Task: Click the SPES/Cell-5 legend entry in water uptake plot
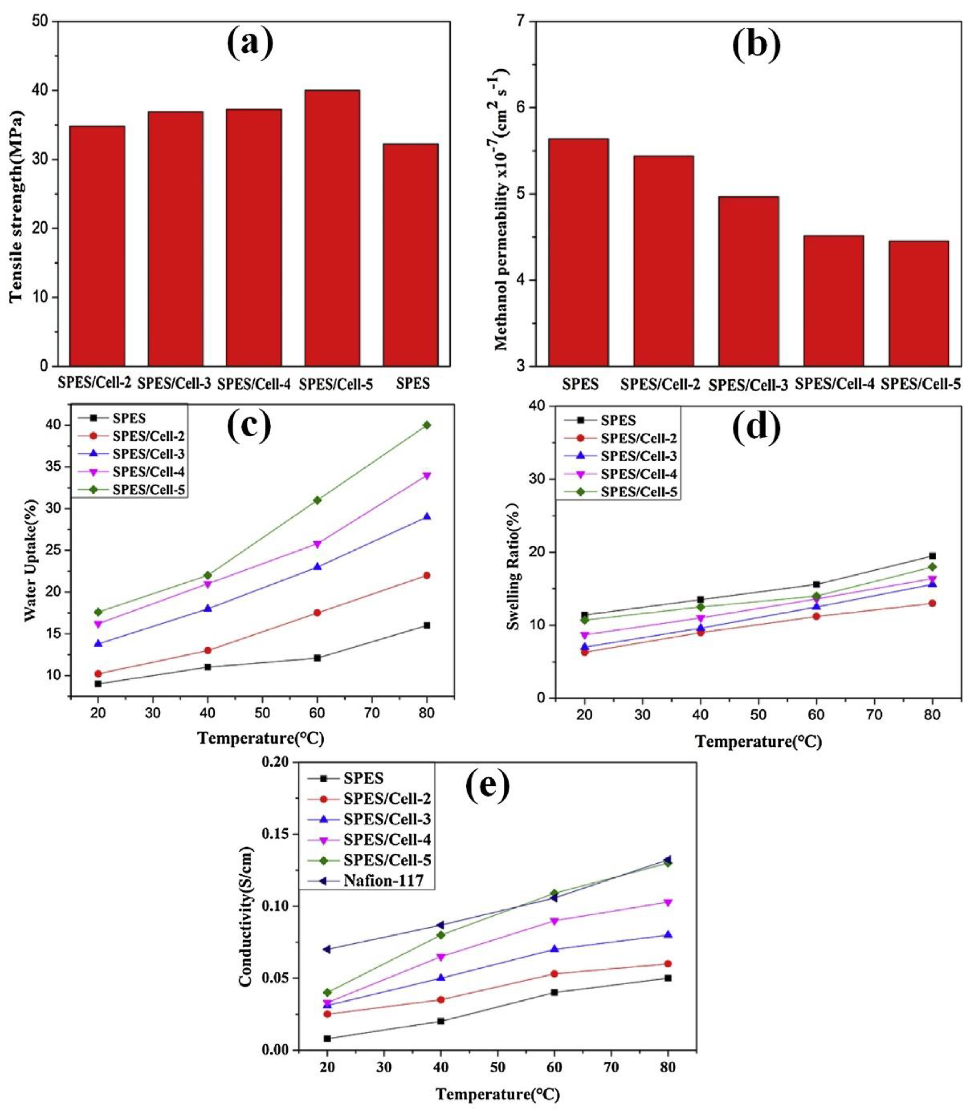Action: [x=148, y=489]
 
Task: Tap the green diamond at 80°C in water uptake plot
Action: [x=427, y=425]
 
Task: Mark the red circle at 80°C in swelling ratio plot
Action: [x=932, y=603]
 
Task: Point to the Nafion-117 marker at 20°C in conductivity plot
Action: [x=327, y=949]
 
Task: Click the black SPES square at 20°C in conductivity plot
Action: [x=327, y=1038]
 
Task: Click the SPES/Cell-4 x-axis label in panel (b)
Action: [x=834, y=384]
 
